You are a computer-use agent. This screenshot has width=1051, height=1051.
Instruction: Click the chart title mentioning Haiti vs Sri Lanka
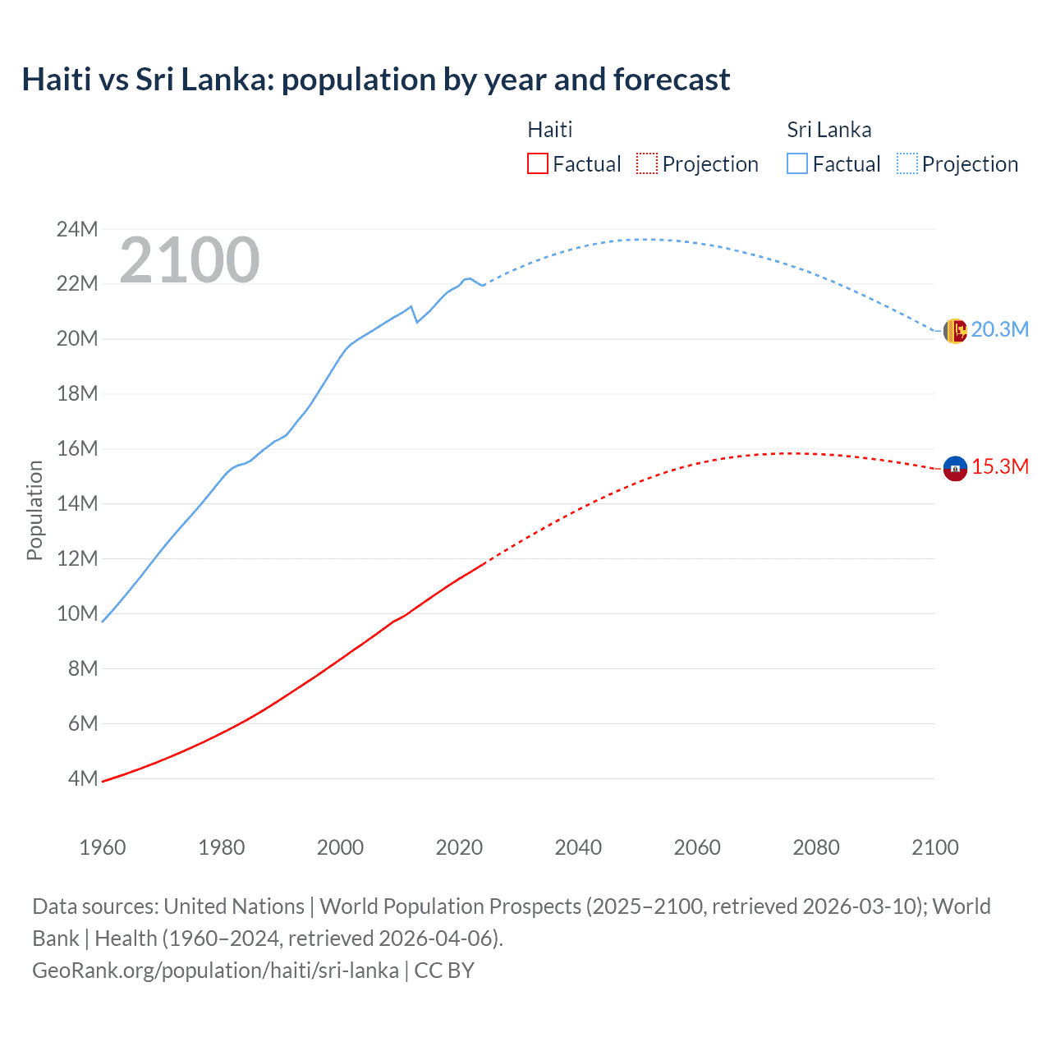point(375,80)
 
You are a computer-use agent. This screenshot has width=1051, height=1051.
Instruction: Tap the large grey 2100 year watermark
point(190,260)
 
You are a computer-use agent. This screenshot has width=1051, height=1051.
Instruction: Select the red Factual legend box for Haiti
point(538,163)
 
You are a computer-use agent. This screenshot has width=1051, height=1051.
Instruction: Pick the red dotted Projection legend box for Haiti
point(647,163)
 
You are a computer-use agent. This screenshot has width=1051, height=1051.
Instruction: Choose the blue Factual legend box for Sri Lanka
point(797,163)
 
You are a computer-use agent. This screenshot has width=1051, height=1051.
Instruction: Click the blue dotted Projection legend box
point(906,163)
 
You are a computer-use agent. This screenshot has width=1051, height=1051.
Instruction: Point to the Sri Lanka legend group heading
point(828,130)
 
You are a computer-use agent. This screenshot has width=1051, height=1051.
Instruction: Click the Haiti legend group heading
point(549,130)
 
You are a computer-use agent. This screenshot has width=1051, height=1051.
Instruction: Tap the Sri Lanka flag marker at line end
point(955,331)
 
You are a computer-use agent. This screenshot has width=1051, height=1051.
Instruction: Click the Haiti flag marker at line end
point(955,468)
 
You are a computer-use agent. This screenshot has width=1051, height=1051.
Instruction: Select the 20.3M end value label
point(999,329)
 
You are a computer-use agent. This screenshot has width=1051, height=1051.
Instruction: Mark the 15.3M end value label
point(999,466)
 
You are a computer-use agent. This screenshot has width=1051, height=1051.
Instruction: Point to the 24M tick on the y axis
point(77,229)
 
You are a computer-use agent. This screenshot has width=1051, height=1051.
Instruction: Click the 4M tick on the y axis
point(82,778)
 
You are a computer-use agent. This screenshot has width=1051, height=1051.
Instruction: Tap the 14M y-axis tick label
point(77,503)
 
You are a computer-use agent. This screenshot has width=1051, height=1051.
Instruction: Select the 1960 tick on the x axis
point(103,847)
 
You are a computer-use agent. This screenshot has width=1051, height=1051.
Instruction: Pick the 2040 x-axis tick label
point(578,847)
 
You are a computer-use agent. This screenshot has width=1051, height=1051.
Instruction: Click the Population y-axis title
point(34,510)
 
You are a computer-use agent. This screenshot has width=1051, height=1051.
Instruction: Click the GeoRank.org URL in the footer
point(215,970)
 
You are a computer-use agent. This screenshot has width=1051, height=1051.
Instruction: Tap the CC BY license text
point(444,970)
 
